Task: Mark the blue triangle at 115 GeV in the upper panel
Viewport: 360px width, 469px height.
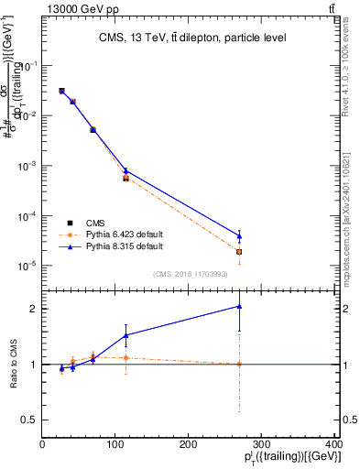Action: tap(126, 170)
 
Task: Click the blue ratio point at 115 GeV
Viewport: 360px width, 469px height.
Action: tap(126, 335)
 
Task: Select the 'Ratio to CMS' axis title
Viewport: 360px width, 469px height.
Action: tap(12, 365)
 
